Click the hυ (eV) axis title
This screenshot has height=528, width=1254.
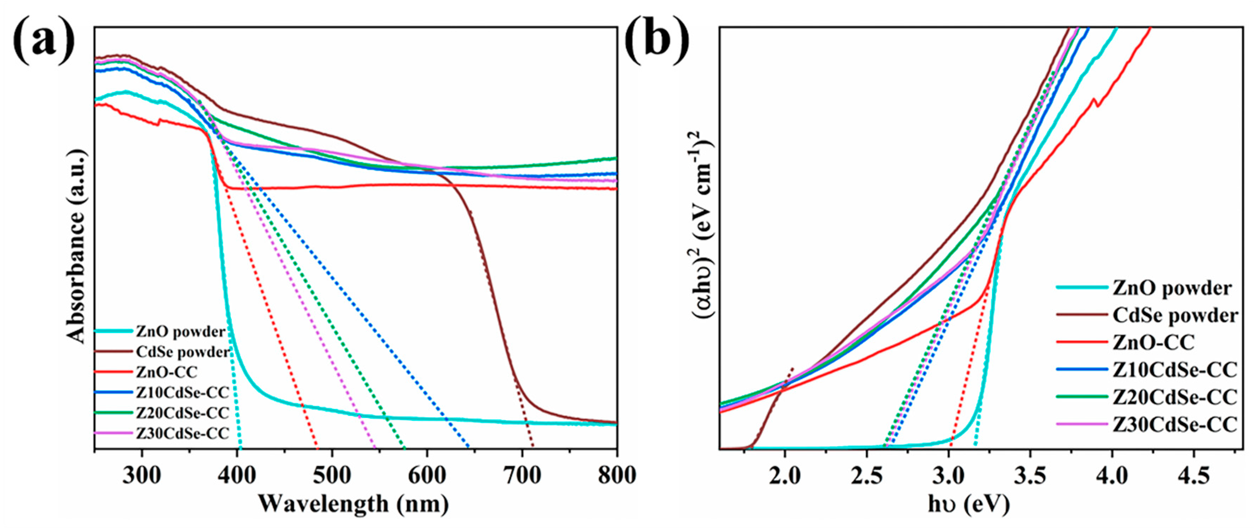969,504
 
